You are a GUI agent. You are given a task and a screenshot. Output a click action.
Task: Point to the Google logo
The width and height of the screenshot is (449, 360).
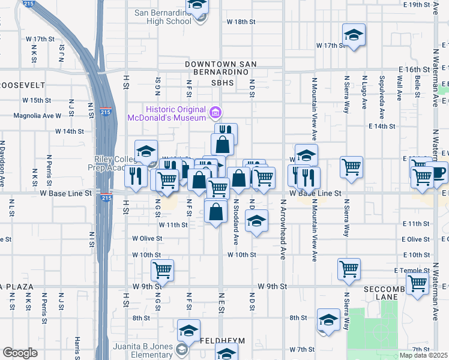[x=20, y=353]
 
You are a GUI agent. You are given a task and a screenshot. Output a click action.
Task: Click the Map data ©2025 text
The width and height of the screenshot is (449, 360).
[x=424, y=355]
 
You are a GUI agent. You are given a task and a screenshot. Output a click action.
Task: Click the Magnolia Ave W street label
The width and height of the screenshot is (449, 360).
[x=41, y=115]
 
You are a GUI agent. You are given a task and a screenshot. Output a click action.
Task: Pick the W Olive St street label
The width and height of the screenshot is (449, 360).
[x=148, y=238]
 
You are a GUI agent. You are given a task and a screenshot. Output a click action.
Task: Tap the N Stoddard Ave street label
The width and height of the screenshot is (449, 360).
[x=237, y=222]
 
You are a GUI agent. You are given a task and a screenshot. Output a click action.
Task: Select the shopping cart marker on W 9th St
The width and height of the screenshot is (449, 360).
[x=162, y=271]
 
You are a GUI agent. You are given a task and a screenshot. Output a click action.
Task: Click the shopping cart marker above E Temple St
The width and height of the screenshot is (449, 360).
[x=349, y=269]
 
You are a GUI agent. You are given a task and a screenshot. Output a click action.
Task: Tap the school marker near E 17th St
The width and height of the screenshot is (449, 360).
[x=354, y=34]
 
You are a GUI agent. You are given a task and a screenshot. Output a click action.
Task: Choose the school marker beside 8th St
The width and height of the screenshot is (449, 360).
[x=328, y=319]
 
